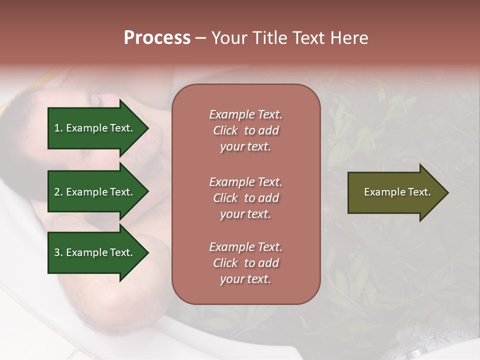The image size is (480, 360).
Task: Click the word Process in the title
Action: point(157,38)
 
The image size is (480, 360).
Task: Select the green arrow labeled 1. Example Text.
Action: point(95,128)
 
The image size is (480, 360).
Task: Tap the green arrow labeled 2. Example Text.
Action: point(95,192)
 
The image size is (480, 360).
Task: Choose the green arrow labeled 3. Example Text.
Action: point(95,252)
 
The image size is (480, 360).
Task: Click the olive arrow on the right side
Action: point(395,192)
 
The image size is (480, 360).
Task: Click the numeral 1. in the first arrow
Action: point(58,128)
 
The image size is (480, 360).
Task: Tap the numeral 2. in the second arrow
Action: point(58,192)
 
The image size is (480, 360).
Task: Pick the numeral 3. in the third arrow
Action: point(58,252)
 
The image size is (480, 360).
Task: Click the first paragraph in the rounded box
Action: point(245,130)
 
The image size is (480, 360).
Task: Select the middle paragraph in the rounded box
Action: point(245,198)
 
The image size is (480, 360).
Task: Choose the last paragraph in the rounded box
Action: point(245,263)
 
